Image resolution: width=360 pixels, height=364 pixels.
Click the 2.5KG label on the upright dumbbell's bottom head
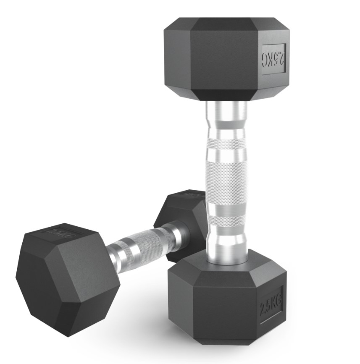(x=271, y=304)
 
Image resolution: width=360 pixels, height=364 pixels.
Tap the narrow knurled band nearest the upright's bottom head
(x=226, y=220)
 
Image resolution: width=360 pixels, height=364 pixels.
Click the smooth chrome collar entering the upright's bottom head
(x=226, y=246)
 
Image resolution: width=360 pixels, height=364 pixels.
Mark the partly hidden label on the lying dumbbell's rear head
(x=194, y=194)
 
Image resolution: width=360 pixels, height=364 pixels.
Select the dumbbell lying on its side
(x=105, y=260)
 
